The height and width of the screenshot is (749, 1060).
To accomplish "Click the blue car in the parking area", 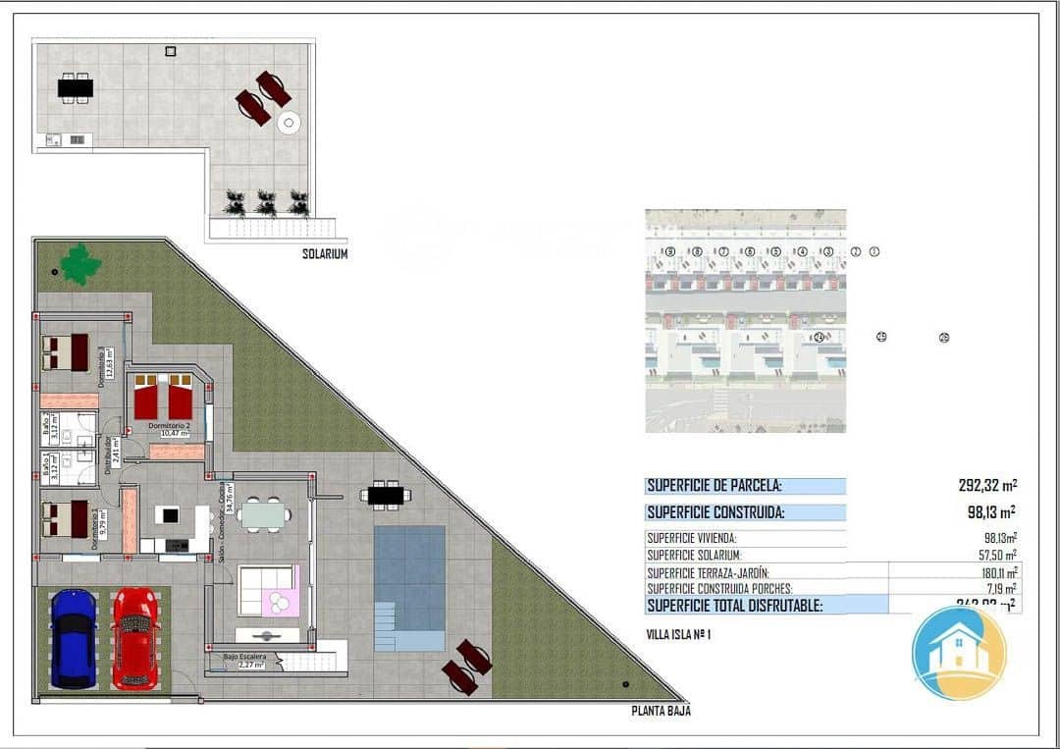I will pos(74,638).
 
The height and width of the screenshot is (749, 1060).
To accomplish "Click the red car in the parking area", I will pos(134,638).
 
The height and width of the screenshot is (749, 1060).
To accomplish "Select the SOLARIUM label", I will pos(325,254).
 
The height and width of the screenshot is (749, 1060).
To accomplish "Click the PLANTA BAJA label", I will pos(661,712).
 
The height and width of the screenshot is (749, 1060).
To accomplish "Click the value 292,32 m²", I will pos(986,485).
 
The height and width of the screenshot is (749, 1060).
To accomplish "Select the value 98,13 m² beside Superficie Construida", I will pos(990,511).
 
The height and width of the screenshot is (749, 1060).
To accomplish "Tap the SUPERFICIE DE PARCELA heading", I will pos(714,486).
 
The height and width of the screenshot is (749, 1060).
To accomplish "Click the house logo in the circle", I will pos(959,653).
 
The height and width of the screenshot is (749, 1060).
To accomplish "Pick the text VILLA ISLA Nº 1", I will pos(678,634).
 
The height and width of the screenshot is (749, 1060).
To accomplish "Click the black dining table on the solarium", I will pos(76,88).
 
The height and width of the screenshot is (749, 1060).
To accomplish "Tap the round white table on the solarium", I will pos(289,123).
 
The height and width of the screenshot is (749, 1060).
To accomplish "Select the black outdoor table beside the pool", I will pos(385,496).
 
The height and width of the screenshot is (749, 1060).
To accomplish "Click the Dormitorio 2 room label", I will pos(168,426).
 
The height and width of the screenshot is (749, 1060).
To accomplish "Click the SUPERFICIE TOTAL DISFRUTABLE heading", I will pos(734,606).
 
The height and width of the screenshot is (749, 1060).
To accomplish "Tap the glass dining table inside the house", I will pos(264,513).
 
